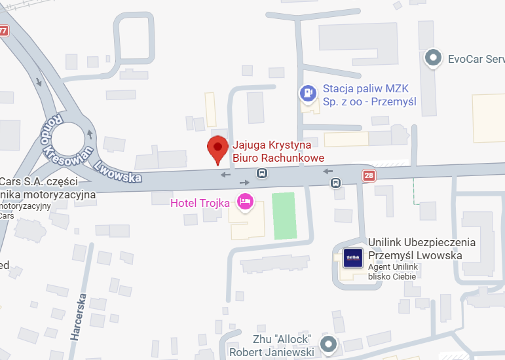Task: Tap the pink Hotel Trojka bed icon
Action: click(x=245, y=202)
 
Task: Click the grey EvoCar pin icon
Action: click(x=432, y=59)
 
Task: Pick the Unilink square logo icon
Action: click(x=352, y=257)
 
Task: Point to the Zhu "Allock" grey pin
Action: click(x=328, y=343)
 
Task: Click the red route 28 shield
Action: click(x=369, y=175)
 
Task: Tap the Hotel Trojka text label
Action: click(x=200, y=203)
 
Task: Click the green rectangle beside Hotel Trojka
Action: click(x=284, y=216)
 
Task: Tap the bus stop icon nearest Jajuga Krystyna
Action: click(x=262, y=173)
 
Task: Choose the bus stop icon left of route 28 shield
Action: click(x=335, y=183)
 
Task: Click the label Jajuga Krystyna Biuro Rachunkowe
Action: click(x=278, y=151)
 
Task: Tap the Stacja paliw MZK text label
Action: click(x=369, y=96)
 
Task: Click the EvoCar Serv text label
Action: click(x=476, y=59)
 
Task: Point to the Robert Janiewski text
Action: click(x=272, y=352)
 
